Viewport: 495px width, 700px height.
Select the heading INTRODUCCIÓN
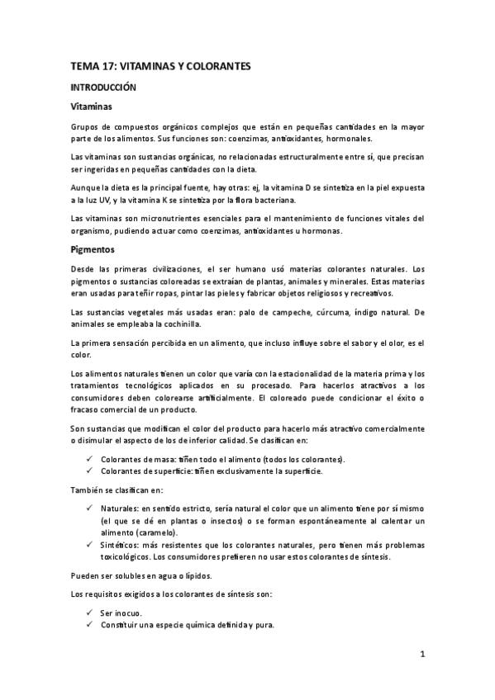pos(102,86)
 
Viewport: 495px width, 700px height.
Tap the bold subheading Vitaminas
pos(92,107)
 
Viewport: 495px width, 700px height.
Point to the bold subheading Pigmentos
pos(93,248)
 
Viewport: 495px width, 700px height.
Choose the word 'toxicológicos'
pos(126,556)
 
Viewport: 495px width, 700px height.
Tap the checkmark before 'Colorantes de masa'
pos(88,459)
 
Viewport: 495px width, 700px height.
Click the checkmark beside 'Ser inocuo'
pos(88,612)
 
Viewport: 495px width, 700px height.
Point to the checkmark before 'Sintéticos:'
pos(88,545)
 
